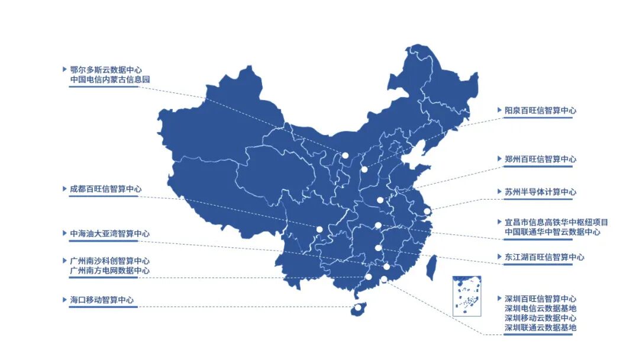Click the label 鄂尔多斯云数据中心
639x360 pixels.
pyautogui.click(x=105, y=70)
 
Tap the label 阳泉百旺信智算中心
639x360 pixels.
pyautogui.click(x=540, y=111)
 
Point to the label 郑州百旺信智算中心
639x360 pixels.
pyautogui.click(x=540, y=159)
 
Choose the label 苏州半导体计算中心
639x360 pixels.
pyautogui.click(x=540, y=192)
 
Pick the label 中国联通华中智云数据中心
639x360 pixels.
pyautogui.click(x=552, y=232)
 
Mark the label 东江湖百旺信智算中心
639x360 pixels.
pyautogui.click(x=544, y=258)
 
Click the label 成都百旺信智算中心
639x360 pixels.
pyautogui.click(x=105, y=189)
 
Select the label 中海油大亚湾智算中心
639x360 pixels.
pyautogui.click(x=109, y=234)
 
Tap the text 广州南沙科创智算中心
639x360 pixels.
pyautogui.click(x=109, y=261)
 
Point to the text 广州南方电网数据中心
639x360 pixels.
pyautogui.click(x=109, y=271)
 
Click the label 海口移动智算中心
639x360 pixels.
pyautogui.click(x=101, y=300)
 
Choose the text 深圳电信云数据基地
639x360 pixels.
pyautogui.click(x=540, y=308)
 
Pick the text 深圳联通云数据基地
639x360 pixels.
pyautogui.click(x=540, y=327)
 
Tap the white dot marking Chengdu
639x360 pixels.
pyautogui.click(x=319, y=229)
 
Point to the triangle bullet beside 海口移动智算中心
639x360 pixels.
pyautogui.click(x=64, y=300)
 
